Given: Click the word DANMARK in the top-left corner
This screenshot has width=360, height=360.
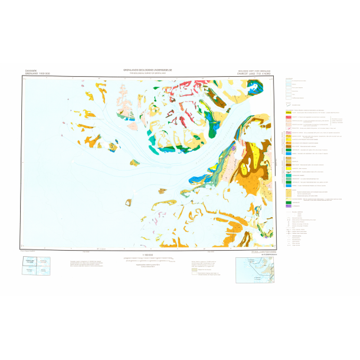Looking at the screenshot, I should (x=31, y=70).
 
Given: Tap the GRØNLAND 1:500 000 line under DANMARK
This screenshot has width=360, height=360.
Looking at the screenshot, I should (x=34, y=74).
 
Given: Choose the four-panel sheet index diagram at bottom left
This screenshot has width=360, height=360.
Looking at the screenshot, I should (x=35, y=266).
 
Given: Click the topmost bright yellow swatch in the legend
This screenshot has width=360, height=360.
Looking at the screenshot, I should (x=289, y=112).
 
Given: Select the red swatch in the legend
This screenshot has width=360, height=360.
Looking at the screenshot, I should (x=289, y=117).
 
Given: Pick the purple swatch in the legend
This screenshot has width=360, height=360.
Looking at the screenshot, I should (x=289, y=205).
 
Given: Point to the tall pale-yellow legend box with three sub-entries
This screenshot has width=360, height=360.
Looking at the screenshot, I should (x=289, y=195).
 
